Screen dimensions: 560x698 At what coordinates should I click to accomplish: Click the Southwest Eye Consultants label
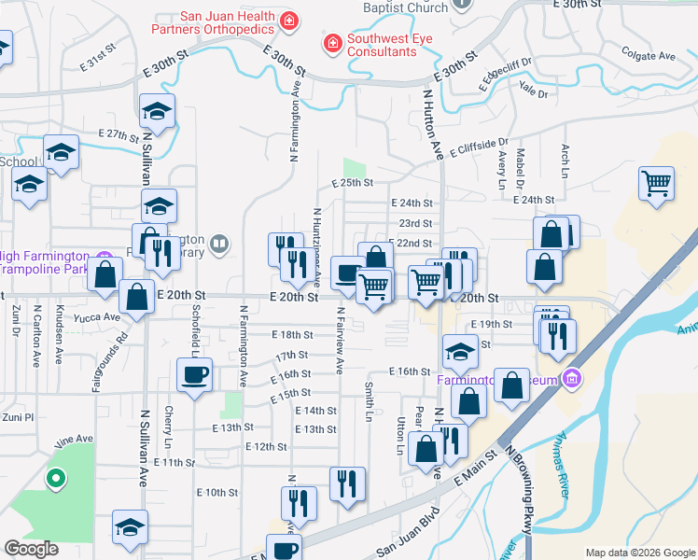tap(382, 46)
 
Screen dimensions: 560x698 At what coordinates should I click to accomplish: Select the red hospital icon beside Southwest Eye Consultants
tap(331, 43)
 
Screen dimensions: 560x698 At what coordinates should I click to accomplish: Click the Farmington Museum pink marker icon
tap(572, 379)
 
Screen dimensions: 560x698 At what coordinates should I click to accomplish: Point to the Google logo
tap(33, 549)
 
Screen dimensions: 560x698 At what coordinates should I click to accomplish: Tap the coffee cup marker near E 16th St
tap(194, 375)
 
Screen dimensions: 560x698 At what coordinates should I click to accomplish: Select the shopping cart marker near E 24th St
tap(656, 182)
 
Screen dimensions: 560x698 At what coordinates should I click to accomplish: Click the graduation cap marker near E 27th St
tap(157, 111)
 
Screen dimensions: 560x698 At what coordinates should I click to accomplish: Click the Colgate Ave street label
tap(648, 56)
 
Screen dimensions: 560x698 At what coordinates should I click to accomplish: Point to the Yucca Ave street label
tap(99, 316)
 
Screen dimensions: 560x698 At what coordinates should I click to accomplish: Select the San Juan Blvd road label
tap(407, 536)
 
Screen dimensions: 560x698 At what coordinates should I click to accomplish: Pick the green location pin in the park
tap(56, 480)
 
